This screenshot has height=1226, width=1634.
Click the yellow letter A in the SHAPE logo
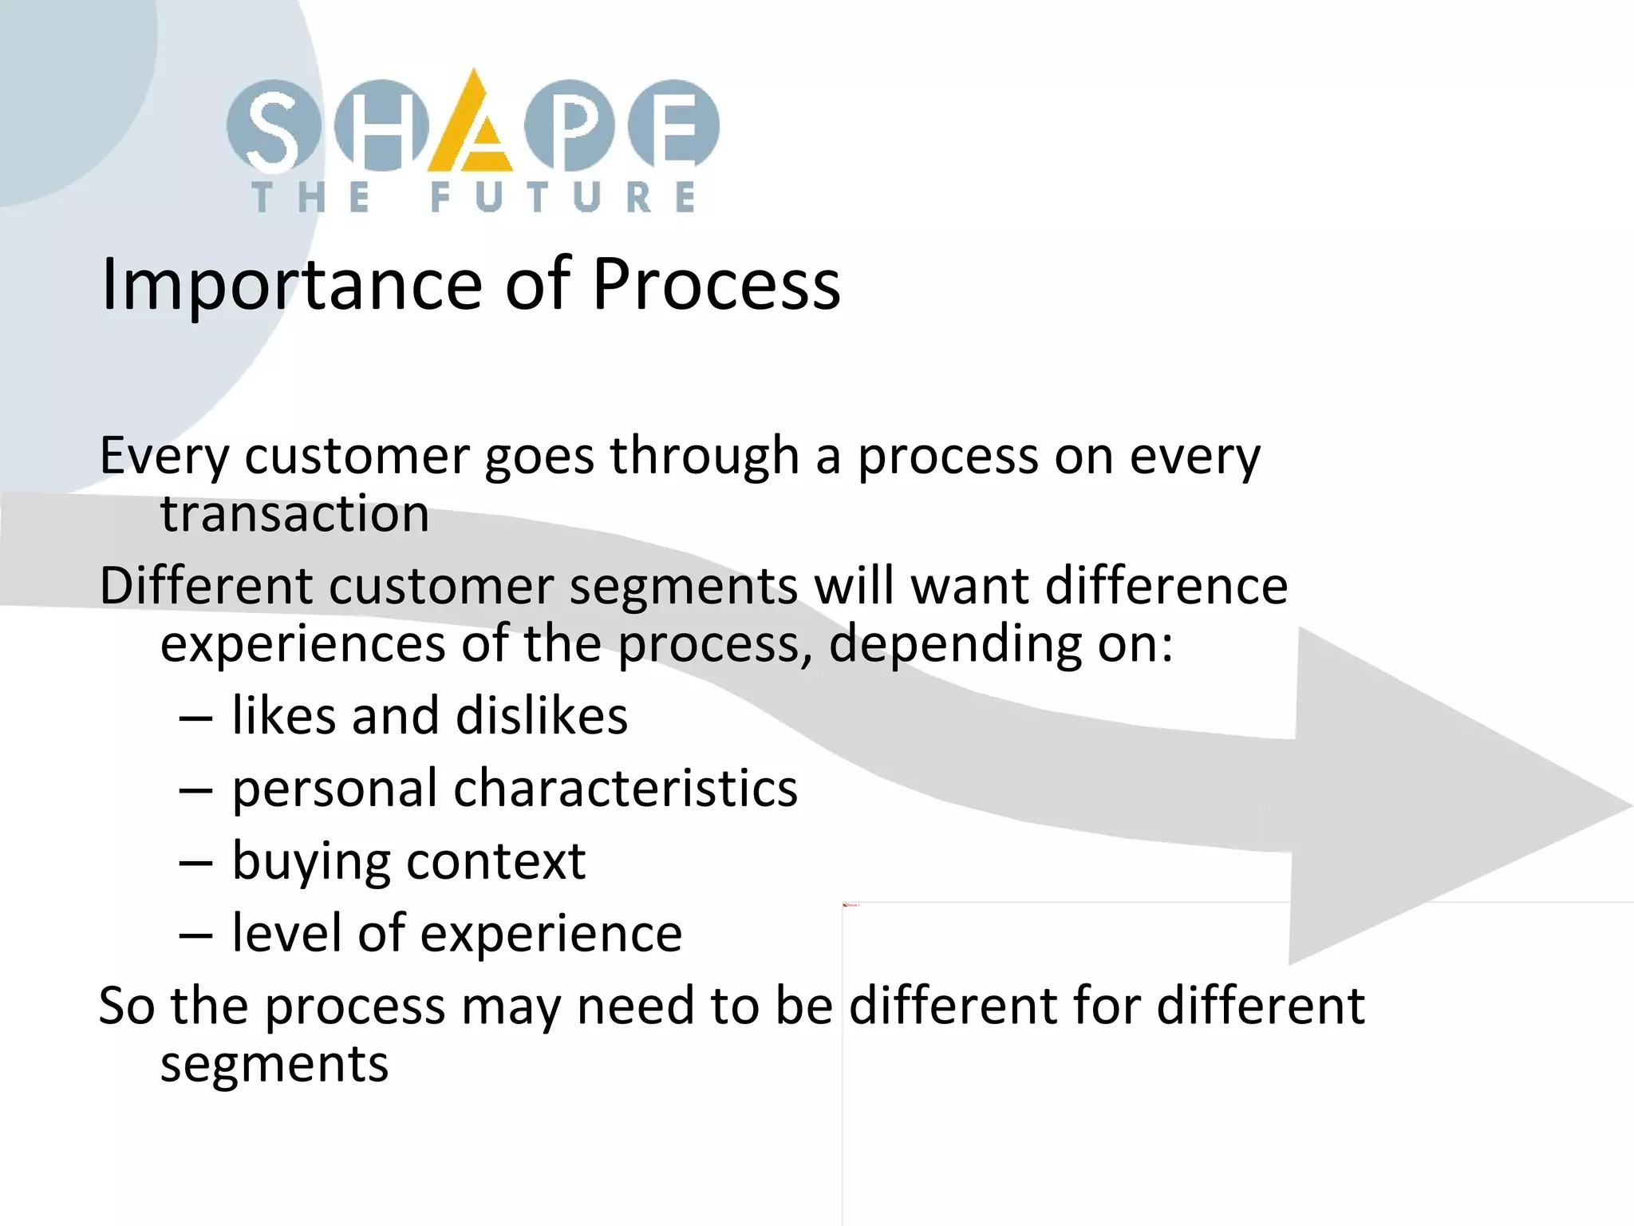coord(471,128)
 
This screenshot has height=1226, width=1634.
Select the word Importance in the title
coord(291,285)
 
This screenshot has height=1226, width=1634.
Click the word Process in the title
coord(716,285)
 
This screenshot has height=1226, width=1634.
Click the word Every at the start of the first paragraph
coord(164,457)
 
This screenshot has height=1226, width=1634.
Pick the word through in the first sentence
coord(704,457)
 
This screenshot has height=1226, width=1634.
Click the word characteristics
coord(626,789)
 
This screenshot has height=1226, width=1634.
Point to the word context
coord(495,862)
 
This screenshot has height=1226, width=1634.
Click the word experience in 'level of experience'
coord(551,934)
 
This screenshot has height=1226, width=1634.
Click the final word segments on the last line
coord(274,1065)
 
